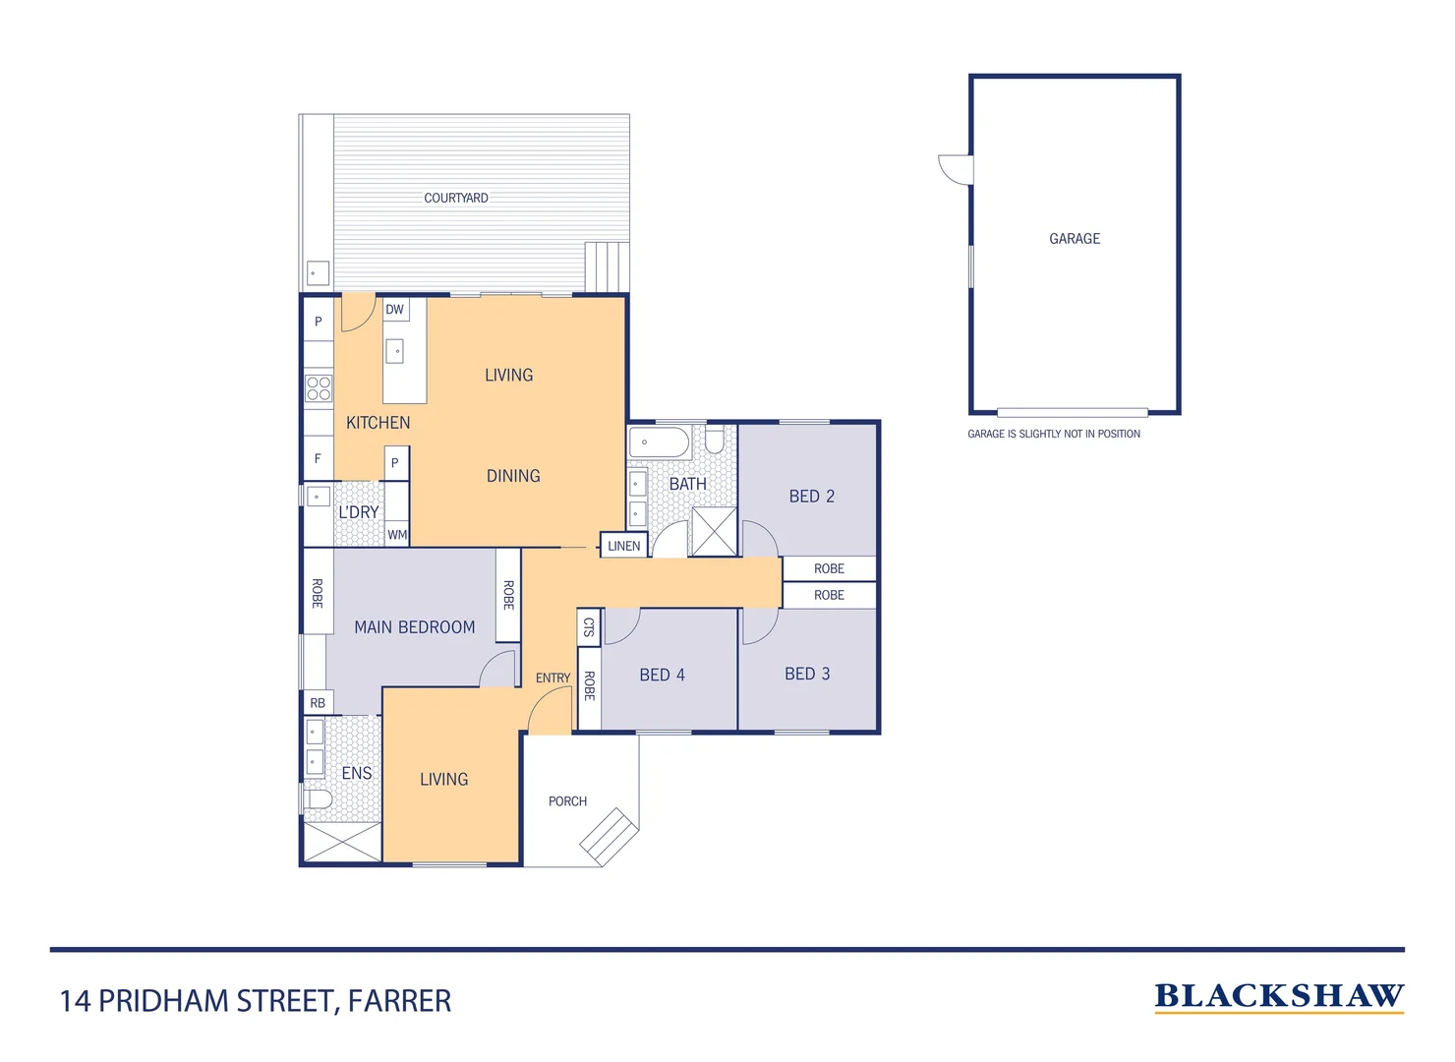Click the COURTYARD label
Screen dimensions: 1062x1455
455,198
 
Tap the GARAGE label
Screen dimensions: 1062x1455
1075,239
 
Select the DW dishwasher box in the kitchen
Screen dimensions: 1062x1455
394,310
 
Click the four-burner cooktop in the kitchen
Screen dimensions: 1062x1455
319,387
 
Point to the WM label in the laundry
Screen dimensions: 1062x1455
397,535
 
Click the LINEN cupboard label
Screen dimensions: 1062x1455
623,546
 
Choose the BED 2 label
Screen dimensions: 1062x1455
811,497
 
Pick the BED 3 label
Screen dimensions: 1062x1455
807,674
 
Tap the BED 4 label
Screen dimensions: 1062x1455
662,675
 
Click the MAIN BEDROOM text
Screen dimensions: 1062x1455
414,627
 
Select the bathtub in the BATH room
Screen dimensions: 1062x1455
659,442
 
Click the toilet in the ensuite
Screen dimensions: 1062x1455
318,798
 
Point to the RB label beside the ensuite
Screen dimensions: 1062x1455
318,703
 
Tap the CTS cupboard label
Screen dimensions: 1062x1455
589,626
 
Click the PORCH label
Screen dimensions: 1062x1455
567,801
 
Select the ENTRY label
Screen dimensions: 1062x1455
553,678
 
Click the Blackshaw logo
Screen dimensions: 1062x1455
1278,997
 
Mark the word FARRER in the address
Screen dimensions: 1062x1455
399,1001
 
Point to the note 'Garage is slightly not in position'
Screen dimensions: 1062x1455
1054,434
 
